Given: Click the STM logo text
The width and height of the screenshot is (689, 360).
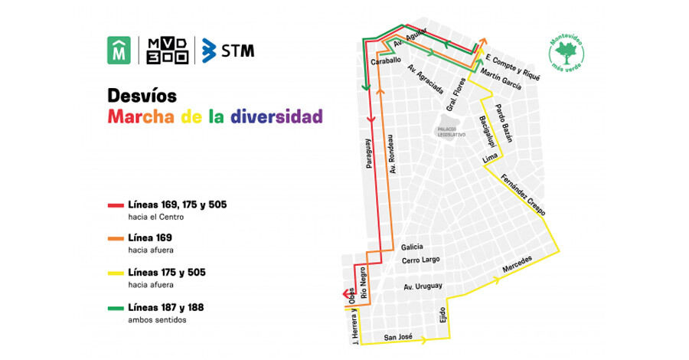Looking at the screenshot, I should (238, 51).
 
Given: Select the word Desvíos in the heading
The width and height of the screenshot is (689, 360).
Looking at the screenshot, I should (142, 97).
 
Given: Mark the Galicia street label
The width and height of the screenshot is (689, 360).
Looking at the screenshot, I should (412, 247).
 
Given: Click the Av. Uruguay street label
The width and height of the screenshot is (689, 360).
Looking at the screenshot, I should (424, 286).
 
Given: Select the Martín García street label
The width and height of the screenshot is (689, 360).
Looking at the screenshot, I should (501, 80).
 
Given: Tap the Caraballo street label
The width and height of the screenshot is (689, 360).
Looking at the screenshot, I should (386, 61).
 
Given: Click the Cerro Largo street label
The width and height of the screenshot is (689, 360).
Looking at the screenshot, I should (421, 260).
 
